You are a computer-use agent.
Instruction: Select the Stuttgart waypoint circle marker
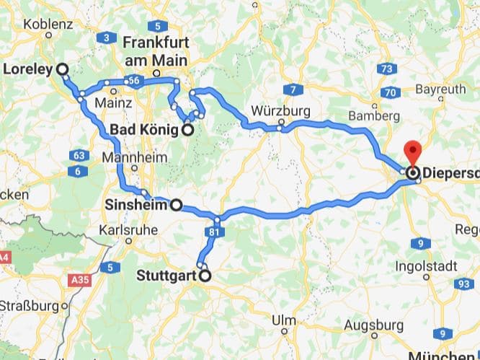point(205,275)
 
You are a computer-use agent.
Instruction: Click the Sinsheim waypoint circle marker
point(175,205)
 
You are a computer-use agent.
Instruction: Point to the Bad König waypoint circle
point(187,131)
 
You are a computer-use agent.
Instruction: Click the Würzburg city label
point(281,111)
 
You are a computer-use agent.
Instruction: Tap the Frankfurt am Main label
point(156,50)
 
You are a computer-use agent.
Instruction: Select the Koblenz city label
point(48,24)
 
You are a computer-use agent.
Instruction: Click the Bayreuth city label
point(441,89)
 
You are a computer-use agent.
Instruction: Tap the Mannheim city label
point(130,157)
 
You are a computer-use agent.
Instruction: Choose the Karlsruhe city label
point(130,232)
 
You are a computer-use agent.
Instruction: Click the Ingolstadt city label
point(426,266)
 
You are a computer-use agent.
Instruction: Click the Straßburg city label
point(30,306)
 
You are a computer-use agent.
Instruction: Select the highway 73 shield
point(387,69)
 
